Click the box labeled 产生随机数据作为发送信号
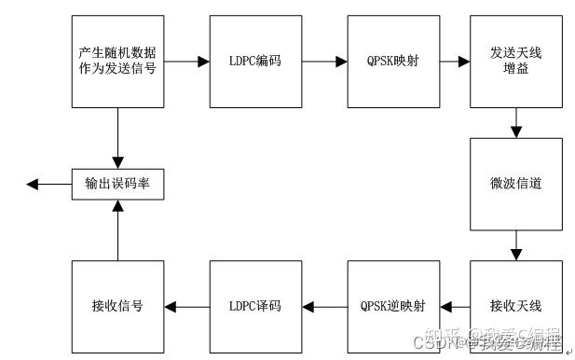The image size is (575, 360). [x=117, y=61]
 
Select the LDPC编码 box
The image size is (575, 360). [x=254, y=61]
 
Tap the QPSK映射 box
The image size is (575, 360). [x=392, y=61]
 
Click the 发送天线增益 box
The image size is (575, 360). [x=515, y=61]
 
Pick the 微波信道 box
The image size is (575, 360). [x=515, y=184]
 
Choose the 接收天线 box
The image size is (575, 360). [x=515, y=306]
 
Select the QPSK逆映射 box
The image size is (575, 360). [x=392, y=306]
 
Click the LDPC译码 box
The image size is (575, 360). [x=254, y=306]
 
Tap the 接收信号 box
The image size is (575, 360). [x=117, y=306]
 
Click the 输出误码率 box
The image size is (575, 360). [x=117, y=184]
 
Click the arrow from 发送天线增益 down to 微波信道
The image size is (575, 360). [x=515, y=121]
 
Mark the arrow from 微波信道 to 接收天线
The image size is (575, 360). [x=515, y=245]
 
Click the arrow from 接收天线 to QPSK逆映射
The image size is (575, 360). [x=454, y=306]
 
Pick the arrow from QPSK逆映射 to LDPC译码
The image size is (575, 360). [x=323, y=306]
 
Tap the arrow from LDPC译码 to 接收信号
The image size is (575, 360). [x=186, y=306]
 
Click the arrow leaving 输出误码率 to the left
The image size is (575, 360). [x=49, y=185]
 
